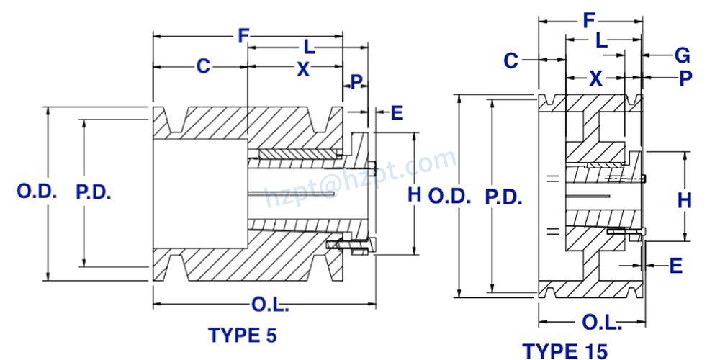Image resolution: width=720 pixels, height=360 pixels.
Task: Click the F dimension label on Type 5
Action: point(243,36)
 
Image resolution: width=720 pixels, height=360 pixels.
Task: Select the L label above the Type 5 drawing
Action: point(308,48)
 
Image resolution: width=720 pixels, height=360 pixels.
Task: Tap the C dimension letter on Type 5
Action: point(204,66)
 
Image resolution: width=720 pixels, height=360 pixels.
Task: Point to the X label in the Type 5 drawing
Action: point(303,69)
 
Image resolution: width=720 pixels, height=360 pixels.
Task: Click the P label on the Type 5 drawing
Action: point(356,81)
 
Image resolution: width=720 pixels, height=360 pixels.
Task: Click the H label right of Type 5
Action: point(414,194)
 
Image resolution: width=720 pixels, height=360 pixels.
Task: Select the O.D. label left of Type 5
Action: point(37,193)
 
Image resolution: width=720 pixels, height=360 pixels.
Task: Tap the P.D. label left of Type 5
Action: point(94,193)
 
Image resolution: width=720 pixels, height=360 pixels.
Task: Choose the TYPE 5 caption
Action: point(242,335)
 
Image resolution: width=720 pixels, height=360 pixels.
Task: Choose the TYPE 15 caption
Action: point(564,351)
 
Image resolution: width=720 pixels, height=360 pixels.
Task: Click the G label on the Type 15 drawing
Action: point(683,55)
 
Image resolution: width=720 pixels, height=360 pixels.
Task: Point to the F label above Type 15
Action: point(589,21)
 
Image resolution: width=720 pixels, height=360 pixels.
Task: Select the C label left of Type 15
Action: point(510,61)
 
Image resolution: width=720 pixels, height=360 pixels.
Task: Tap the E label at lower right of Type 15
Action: point(675,266)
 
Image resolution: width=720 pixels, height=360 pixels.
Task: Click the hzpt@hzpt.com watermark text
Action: point(360,176)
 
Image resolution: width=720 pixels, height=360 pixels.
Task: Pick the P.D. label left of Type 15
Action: point(503,197)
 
